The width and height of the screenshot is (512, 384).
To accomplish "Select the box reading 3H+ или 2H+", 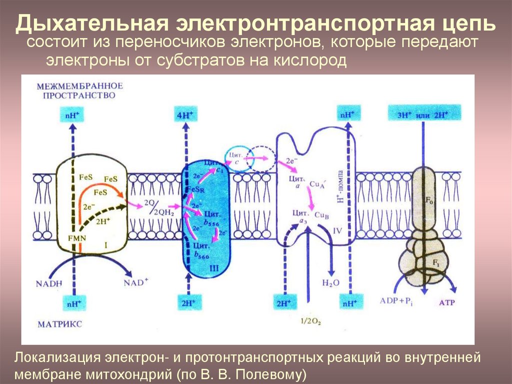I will (x=422, y=115).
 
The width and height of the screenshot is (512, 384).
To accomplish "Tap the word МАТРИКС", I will (x=59, y=324).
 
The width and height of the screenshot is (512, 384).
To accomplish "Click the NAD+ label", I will (x=136, y=283).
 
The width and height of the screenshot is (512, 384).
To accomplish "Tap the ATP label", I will (x=447, y=302).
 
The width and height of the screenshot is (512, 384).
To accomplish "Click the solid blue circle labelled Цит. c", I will (x=235, y=157).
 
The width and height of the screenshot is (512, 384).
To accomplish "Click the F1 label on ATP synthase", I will (x=434, y=262).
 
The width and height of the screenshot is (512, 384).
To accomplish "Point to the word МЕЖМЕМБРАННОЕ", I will (x=79, y=86).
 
